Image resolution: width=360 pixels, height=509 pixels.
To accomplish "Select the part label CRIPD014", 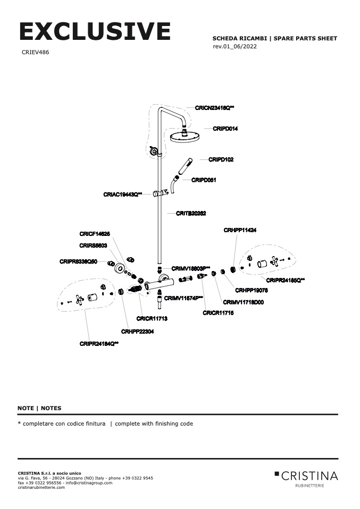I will coord(225,129).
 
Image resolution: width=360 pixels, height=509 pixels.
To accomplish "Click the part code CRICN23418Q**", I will coord(214,108).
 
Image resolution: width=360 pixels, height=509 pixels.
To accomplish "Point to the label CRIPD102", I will coord(221,159).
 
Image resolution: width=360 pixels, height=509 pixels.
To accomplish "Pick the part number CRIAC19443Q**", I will coord(123,195).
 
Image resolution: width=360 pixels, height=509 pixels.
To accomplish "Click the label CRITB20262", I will coord(191,213).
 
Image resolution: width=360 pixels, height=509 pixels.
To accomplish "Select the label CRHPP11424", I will coord(240,230).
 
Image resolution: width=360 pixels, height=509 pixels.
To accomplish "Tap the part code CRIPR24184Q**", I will coord(99,344).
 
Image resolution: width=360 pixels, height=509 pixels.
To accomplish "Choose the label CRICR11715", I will coord(218,313).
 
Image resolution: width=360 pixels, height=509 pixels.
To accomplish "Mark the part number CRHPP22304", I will coord(137,332).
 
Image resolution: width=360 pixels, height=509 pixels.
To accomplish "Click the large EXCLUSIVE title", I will coord(95,31).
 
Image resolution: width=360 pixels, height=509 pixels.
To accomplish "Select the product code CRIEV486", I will coord(36,53).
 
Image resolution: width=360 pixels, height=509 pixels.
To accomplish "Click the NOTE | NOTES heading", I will coord(39,408).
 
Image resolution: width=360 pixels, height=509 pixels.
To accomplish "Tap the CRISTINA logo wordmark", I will coord(309,475).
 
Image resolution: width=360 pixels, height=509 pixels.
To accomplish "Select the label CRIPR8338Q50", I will coord(78,261).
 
